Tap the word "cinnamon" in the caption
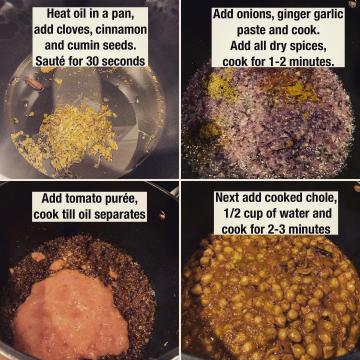coord(121,30)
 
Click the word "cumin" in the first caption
coord(81,45)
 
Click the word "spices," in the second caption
coord(307,47)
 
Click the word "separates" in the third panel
coord(120,215)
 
